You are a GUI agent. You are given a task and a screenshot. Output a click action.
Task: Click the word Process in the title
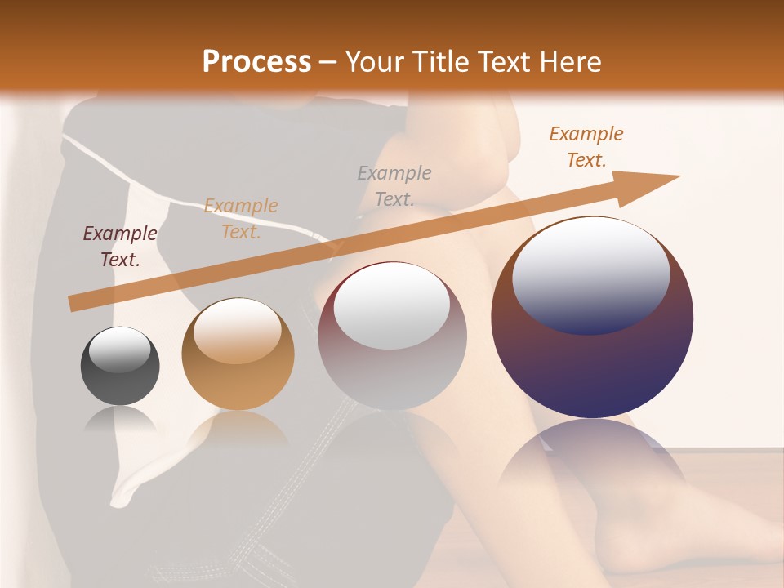(x=256, y=62)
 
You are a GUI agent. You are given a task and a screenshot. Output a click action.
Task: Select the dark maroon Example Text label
(x=120, y=247)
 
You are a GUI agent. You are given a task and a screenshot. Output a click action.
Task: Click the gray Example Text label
(x=394, y=185)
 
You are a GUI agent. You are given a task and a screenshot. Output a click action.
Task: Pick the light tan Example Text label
(x=241, y=219)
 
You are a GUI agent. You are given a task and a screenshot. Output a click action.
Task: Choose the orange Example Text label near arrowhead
(x=586, y=147)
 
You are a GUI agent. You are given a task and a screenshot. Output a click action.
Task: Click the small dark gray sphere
(x=120, y=366)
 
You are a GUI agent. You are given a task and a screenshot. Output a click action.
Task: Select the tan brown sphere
(x=238, y=354)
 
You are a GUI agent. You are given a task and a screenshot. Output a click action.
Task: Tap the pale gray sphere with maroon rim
(x=392, y=336)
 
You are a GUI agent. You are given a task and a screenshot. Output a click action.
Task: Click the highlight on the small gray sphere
(x=119, y=350)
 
